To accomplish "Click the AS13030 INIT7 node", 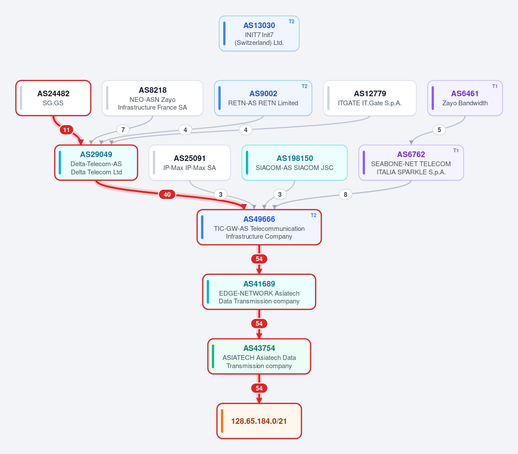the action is click(x=259, y=33).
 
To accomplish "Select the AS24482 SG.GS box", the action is click(x=53, y=98).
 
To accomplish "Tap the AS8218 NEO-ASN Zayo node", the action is click(x=153, y=98).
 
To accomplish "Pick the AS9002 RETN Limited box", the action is click(x=263, y=98).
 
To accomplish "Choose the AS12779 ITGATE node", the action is click(x=370, y=98).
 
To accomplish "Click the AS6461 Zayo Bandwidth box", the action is click(x=465, y=98).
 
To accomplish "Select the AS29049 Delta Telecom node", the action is click(x=96, y=163).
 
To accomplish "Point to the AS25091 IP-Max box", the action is click(x=190, y=163).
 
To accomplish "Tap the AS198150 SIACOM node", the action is click(x=294, y=163).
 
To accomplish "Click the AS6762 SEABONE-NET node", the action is click(x=411, y=163).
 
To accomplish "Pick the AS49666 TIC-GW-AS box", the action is click(x=259, y=227).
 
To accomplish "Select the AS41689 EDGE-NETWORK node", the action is click(x=259, y=292).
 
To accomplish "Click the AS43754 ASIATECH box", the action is click(x=259, y=356).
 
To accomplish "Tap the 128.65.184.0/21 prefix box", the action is click(x=259, y=421).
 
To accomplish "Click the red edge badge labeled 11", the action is click(x=67, y=129).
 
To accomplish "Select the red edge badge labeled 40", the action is click(x=167, y=194).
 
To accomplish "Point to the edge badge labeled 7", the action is click(x=123, y=129).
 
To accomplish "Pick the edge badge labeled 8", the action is click(x=346, y=194).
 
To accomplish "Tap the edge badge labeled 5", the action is click(x=439, y=129).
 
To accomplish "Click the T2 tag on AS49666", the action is click(x=314, y=215).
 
